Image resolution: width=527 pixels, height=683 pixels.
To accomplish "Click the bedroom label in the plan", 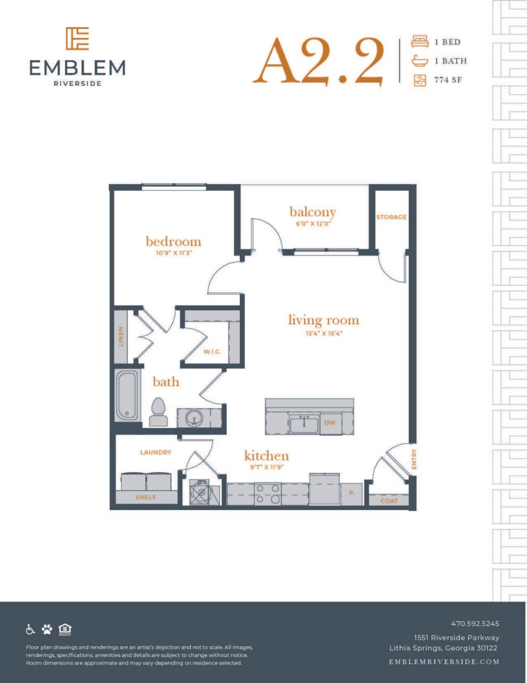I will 173,241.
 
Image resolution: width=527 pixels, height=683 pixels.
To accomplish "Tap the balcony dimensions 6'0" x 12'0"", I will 313,224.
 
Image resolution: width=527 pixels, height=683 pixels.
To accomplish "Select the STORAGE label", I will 391,217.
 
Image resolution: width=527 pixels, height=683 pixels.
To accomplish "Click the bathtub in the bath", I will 127,395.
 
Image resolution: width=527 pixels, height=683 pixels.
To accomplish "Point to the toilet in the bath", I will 158,412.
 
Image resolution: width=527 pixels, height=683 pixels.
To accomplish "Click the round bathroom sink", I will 194,417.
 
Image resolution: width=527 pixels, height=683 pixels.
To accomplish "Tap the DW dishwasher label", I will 330,423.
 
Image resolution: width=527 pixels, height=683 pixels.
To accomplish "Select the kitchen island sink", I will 304,424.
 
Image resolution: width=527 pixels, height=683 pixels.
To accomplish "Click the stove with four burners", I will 267,494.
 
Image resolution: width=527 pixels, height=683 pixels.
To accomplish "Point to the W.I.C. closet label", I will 212,352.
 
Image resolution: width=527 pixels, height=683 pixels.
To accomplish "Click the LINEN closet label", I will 121,337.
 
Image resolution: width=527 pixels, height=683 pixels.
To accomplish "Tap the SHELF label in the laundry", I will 145,497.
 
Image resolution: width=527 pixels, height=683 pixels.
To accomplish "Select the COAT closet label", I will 389,501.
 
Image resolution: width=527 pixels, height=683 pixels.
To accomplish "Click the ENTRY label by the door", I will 414,459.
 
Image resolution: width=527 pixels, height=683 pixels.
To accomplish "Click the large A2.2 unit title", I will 319,61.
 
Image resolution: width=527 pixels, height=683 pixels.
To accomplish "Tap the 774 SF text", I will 448,80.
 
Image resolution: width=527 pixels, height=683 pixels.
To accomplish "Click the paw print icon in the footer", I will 47,629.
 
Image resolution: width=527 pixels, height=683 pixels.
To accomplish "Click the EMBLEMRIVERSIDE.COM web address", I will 444,662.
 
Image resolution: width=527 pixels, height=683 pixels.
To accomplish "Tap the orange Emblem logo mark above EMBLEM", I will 77,38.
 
